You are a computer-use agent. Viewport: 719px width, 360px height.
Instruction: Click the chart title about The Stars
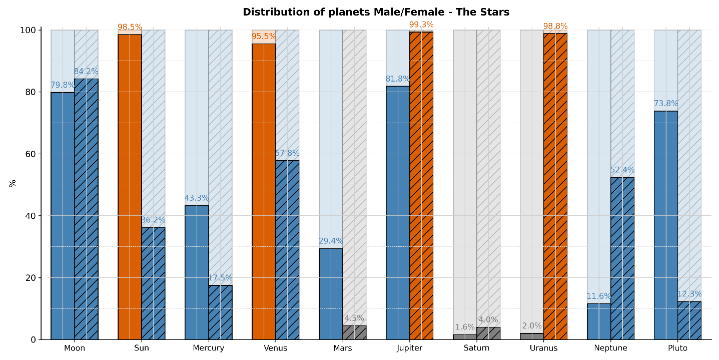376,12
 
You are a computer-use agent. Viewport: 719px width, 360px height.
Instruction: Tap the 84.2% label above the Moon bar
86,72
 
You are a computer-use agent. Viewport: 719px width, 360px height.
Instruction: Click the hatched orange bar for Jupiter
421,186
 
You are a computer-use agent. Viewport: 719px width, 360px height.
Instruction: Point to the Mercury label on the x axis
208,348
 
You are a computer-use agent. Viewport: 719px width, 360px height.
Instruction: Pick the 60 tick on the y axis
31,154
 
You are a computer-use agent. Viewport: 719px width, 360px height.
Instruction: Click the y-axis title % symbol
13,183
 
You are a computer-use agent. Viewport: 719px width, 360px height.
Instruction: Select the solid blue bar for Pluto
665,225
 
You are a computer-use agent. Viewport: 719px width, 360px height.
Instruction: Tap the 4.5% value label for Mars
354,318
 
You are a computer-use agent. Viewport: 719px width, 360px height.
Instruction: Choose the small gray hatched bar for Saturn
488,333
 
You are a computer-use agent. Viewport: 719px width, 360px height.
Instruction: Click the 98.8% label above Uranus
555,26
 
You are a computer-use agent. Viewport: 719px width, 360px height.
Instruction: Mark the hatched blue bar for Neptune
622,258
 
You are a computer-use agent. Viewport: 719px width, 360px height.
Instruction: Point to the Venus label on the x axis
275,348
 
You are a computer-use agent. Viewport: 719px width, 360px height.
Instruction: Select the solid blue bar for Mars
331,294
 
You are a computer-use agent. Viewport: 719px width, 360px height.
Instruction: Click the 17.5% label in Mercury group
220,278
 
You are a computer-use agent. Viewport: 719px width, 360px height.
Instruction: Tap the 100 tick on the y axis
29,31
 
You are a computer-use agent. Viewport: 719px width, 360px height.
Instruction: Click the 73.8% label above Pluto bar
666,104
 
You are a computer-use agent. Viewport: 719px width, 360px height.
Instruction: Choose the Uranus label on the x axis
543,348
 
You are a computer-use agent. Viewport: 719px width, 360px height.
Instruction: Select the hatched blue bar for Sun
153,283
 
